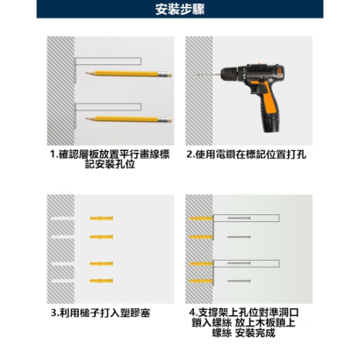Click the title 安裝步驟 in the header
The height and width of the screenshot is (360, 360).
click(x=179, y=11)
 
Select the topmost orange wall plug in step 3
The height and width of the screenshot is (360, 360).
click(x=101, y=217)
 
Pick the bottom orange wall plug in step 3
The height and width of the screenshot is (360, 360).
click(x=101, y=279)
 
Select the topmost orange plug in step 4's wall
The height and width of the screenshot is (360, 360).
click(x=201, y=217)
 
